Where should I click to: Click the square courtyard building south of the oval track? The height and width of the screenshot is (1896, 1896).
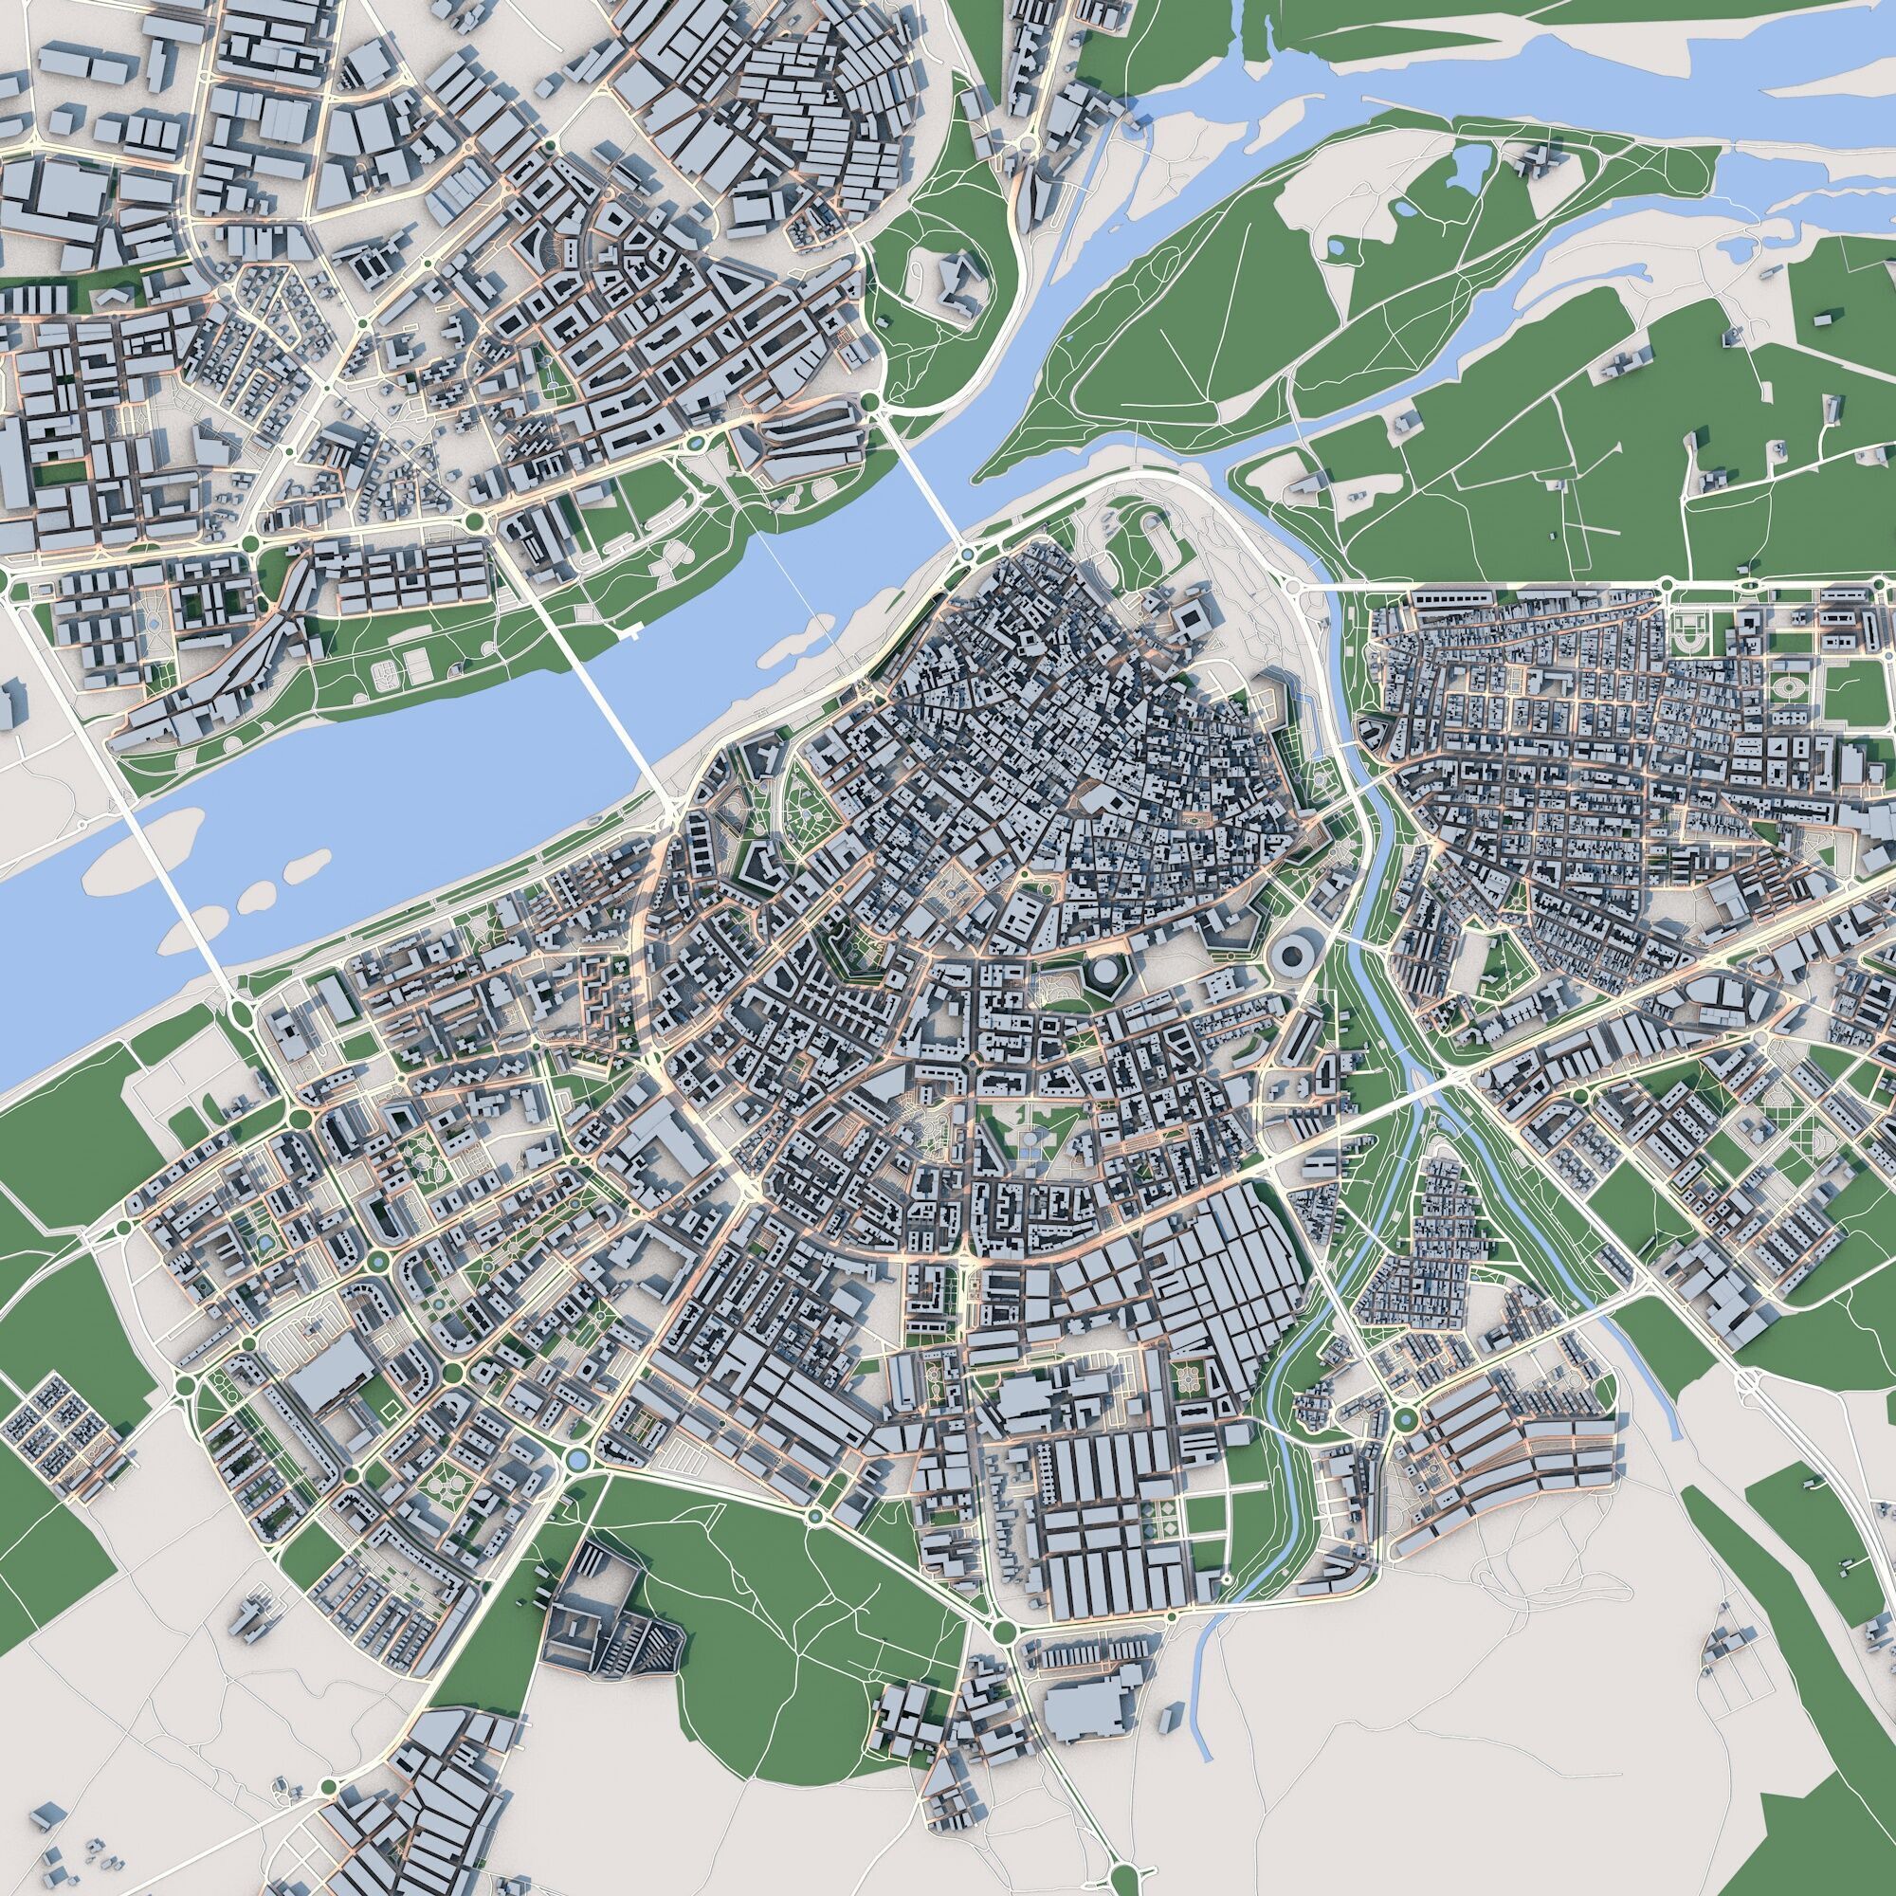coord(1193,617)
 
